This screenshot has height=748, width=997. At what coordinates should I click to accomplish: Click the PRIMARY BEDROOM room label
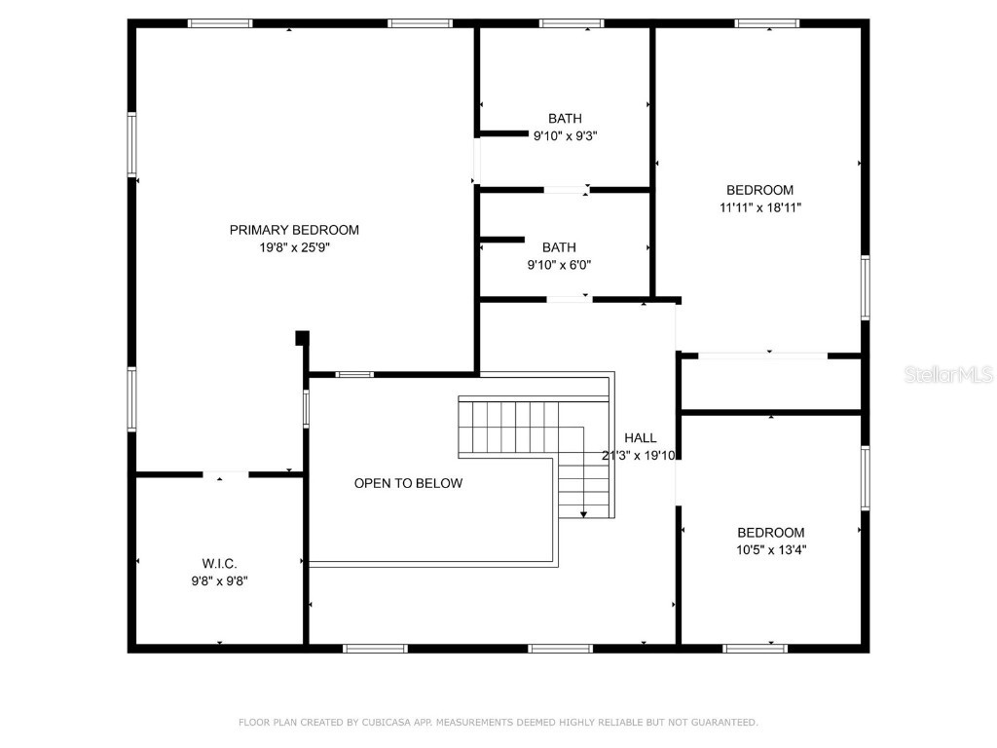click(294, 230)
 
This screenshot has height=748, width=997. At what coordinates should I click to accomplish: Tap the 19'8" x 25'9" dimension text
click(294, 247)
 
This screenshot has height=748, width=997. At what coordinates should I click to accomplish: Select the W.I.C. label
click(220, 563)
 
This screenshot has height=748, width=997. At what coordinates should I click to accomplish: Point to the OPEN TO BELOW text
click(408, 483)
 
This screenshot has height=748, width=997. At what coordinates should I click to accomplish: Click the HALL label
click(641, 438)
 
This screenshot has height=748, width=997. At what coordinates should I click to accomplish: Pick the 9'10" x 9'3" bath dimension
click(565, 136)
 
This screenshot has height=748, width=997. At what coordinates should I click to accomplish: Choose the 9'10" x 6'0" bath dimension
click(560, 265)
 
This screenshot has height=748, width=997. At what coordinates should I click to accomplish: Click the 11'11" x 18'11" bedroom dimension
click(759, 207)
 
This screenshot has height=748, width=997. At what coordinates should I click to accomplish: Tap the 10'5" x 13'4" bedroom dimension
click(771, 549)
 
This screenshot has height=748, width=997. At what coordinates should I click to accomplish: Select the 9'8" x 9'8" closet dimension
click(220, 580)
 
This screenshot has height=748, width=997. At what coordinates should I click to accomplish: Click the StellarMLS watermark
click(948, 374)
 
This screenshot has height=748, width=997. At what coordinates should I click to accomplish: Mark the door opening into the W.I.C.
click(226, 474)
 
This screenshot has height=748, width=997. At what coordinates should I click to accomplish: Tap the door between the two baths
click(566, 190)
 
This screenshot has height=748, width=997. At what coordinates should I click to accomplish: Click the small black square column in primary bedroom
click(302, 337)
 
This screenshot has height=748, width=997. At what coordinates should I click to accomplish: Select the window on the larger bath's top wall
click(572, 23)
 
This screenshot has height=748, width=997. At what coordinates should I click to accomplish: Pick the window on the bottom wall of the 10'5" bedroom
click(756, 647)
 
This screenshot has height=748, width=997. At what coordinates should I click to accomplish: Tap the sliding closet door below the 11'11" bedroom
click(763, 355)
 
